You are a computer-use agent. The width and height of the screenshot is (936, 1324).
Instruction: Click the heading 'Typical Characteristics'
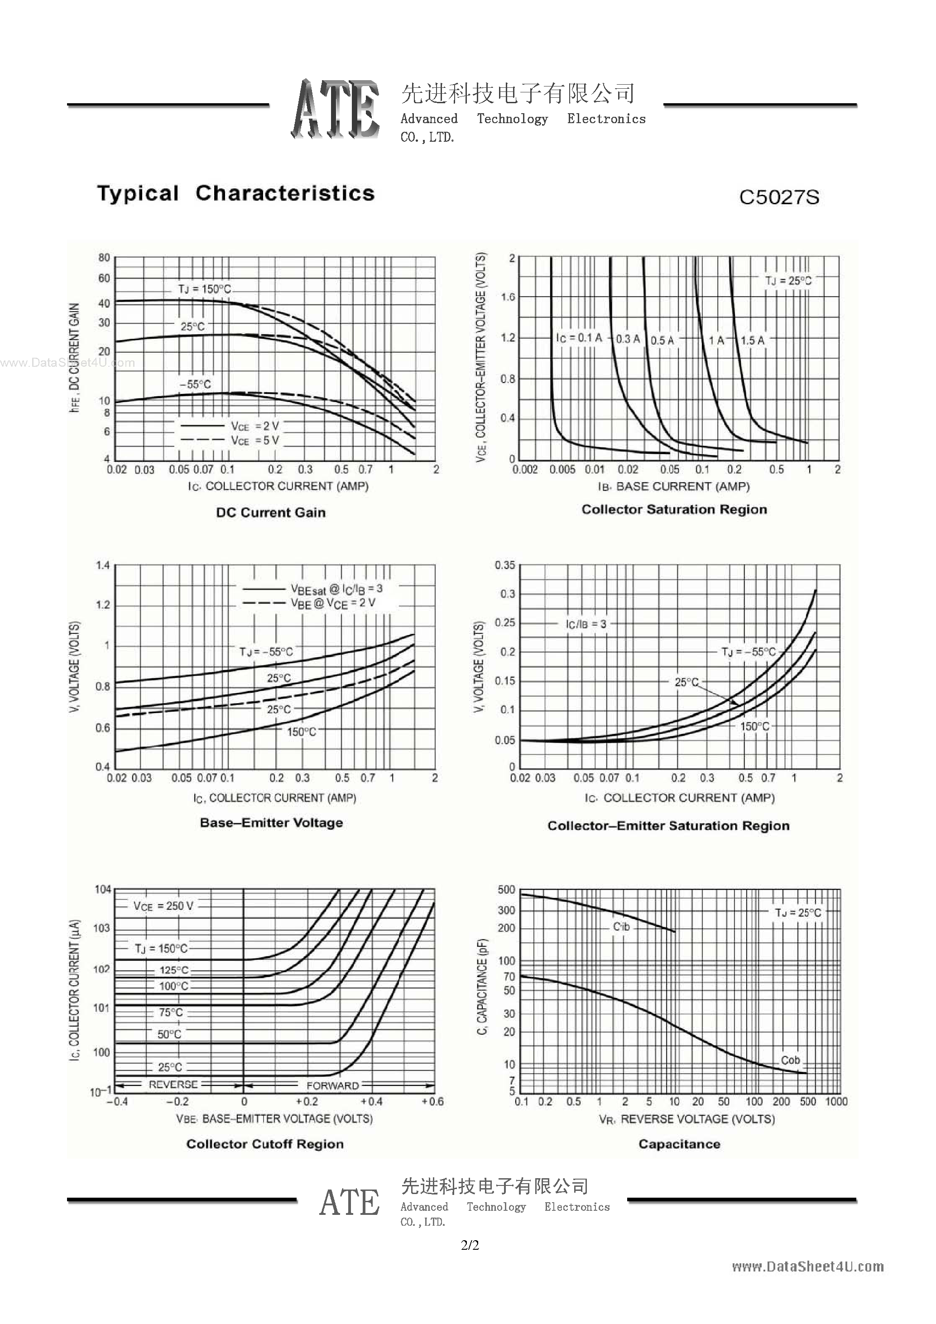(x=236, y=193)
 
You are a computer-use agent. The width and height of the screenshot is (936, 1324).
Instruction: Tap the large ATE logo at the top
(x=335, y=109)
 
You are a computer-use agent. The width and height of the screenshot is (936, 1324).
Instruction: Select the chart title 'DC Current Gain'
(x=270, y=512)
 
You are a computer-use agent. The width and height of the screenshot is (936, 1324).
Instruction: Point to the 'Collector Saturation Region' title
(x=674, y=509)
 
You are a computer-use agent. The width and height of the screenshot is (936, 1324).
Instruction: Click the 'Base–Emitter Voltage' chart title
(x=271, y=822)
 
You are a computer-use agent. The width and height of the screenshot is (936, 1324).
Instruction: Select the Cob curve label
(x=790, y=1060)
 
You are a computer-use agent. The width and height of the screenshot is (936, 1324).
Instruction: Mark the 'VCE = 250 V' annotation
(x=163, y=906)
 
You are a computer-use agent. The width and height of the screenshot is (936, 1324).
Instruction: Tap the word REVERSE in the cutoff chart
(x=173, y=1084)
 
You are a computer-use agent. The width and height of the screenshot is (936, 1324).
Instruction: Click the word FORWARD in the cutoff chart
(x=332, y=1085)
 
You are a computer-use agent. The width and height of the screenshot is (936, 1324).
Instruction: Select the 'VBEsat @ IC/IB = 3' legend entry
(x=336, y=589)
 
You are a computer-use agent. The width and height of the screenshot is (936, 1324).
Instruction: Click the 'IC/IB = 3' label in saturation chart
(x=586, y=624)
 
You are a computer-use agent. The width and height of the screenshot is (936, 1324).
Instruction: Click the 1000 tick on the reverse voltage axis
(x=835, y=1101)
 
